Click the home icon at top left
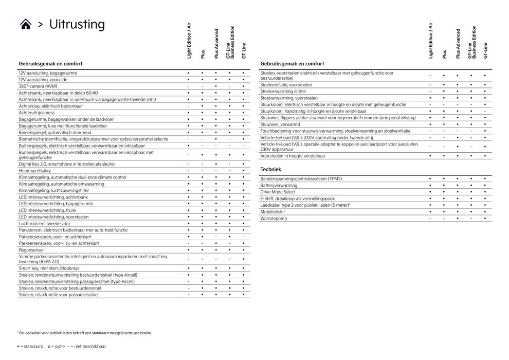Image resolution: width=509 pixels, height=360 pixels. pyautogui.click(x=26, y=24)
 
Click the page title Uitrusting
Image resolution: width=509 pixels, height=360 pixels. pyautogui.click(x=77, y=24)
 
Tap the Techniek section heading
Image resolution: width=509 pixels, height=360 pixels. pyautogui.click(x=270, y=169)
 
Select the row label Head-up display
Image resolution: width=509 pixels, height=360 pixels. pyautogui.click(x=34, y=171)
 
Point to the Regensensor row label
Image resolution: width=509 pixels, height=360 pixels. pyautogui.click(x=31, y=249)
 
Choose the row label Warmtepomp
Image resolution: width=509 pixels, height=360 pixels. pyautogui.click(x=273, y=219)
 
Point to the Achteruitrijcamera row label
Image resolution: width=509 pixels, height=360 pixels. pyautogui.click(x=37, y=113)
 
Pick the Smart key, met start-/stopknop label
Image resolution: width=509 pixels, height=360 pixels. pyautogui.click(x=49, y=268)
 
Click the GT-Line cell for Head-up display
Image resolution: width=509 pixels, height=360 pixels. pyautogui.click(x=243, y=171)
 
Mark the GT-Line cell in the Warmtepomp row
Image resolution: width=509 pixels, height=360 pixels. pyautogui.click(x=484, y=219)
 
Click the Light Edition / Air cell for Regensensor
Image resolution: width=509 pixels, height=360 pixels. pyautogui.click(x=189, y=249)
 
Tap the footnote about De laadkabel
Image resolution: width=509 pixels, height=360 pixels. pyautogui.click(x=85, y=333)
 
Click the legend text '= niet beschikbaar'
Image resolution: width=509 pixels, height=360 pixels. pyautogui.click(x=88, y=347)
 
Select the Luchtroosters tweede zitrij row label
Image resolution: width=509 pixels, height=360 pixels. pyautogui.click(x=45, y=224)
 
